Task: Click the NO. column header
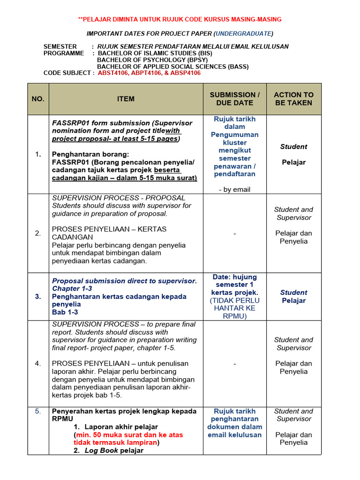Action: (38, 99)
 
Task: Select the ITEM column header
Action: (126, 99)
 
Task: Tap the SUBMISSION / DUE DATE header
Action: (234, 99)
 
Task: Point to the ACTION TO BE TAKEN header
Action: (294, 99)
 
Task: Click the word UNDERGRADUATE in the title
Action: (243, 34)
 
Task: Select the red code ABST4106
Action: (113, 73)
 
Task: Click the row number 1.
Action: (38, 154)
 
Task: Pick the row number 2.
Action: (38, 233)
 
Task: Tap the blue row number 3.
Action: (38, 296)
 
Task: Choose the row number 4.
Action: (38, 363)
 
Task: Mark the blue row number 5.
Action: (38, 411)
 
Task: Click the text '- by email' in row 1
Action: (234, 189)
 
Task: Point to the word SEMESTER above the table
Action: (60, 46)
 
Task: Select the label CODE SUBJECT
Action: (67, 73)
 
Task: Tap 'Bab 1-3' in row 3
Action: (65, 312)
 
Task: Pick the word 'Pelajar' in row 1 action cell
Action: (294, 162)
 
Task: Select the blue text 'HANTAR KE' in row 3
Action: (234, 308)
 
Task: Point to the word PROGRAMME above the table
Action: (64, 53)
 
